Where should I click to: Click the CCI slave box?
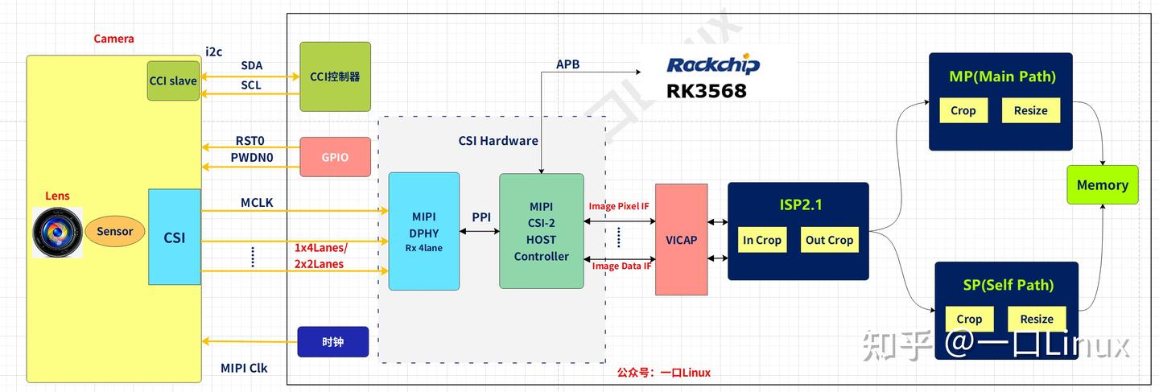pos(173,80)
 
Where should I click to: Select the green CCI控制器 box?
pos(335,77)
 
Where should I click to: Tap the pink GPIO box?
pos(335,157)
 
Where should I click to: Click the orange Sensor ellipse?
pos(114,232)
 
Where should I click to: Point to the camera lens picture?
pos(57,232)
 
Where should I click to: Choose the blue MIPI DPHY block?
pos(423,231)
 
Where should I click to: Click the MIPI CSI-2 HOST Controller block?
pos(541,231)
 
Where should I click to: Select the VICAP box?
pos(681,239)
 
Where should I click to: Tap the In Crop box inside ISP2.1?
pos(761,240)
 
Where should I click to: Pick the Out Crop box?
pos(829,240)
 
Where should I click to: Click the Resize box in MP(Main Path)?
pos(1030,110)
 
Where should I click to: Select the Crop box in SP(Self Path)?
pos(969,319)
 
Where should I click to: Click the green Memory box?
pos(1102,184)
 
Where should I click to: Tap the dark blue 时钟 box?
pos(332,342)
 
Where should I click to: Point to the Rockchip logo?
pos(713,65)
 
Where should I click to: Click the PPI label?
pos(481,217)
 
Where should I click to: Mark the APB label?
pos(567,64)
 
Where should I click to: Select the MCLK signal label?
pos(257,203)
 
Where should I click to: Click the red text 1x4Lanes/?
pos(320,248)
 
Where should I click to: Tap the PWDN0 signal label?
pos(252,158)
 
